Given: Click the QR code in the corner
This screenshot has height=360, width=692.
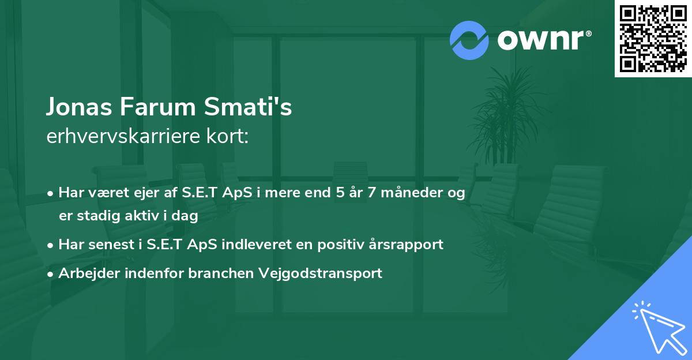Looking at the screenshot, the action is pyautogui.click(x=653, y=39).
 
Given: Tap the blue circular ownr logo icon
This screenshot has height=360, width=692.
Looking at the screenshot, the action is pyautogui.click(x=469, y=40).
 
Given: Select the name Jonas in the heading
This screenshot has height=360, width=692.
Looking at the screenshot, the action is pyautogui.click(x=79, y=107).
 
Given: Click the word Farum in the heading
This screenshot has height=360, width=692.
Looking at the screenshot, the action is pyautogui.click(x=157, y=107).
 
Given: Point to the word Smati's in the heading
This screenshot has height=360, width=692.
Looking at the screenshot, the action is pyautogui.click(x=248, y=107).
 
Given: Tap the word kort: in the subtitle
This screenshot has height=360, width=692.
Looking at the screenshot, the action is pyautogui.click(x=228, y=136).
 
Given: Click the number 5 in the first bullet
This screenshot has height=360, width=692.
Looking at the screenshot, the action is pyautogui.click(x=340, y=193).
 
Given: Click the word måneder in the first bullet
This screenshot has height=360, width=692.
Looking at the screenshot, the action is pyautogui.click(x=412, y=193).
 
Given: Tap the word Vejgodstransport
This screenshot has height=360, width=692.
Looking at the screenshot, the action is pyautogui.click(x=321, y=273).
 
